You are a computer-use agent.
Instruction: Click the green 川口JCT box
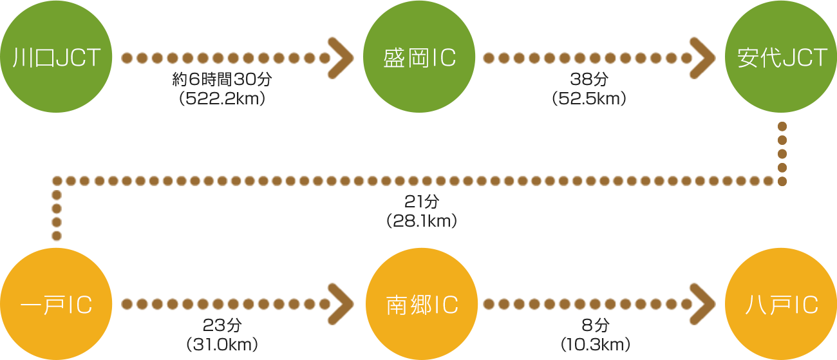[x=57, y=57]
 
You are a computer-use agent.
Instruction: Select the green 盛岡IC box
[x=419, y=57]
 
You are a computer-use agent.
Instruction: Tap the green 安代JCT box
[x=781, y=57]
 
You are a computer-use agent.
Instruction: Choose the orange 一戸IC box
[x=57, y=304]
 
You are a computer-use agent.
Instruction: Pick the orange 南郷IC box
[x=422, y=304]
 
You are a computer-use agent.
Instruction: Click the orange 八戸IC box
[x=781, y=304]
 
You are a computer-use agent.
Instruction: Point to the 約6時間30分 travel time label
[x=222, y=80]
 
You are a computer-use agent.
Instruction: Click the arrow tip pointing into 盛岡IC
[x=351, y=57]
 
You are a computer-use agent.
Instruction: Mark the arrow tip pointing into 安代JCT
[x=713, y=57]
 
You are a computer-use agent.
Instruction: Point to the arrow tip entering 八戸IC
[x=713, y=304]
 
